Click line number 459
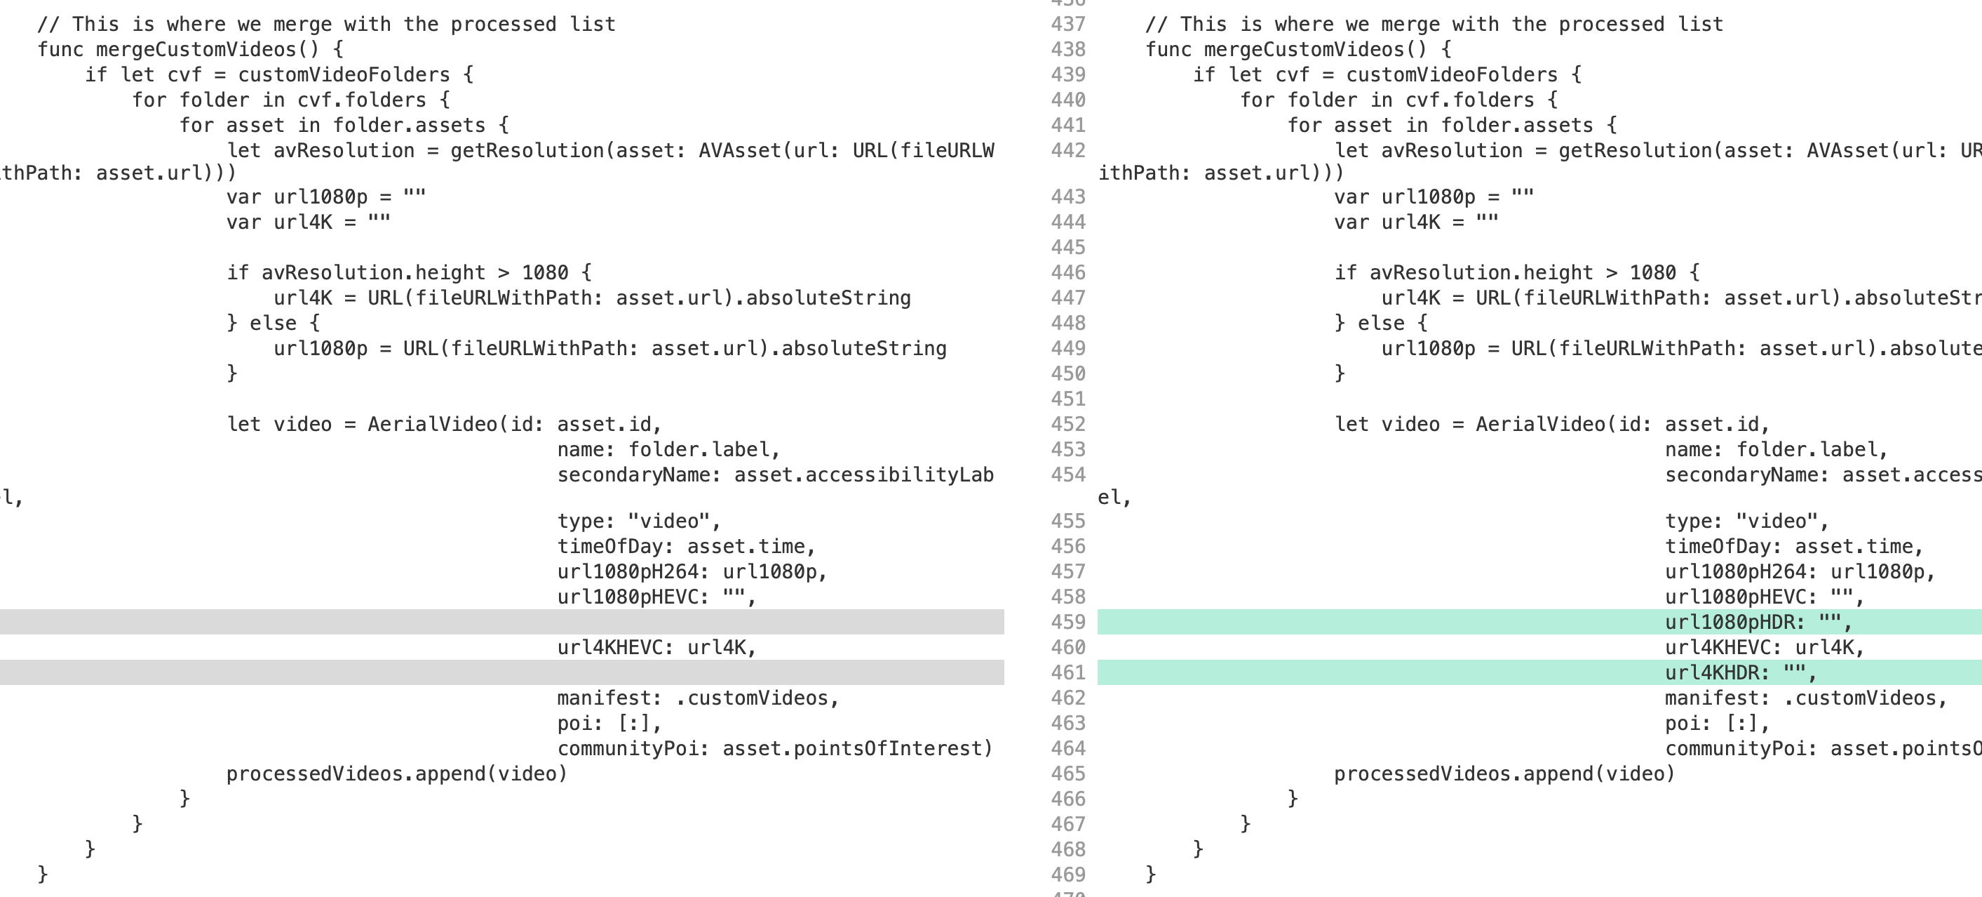(1068, 622)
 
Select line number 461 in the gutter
(1068, 673)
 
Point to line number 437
(1068, 25)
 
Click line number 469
(1068, 875)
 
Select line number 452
(1068, 424)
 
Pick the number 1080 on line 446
(1652, 272)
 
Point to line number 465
(1068, 773)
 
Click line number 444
(1068, 222)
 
